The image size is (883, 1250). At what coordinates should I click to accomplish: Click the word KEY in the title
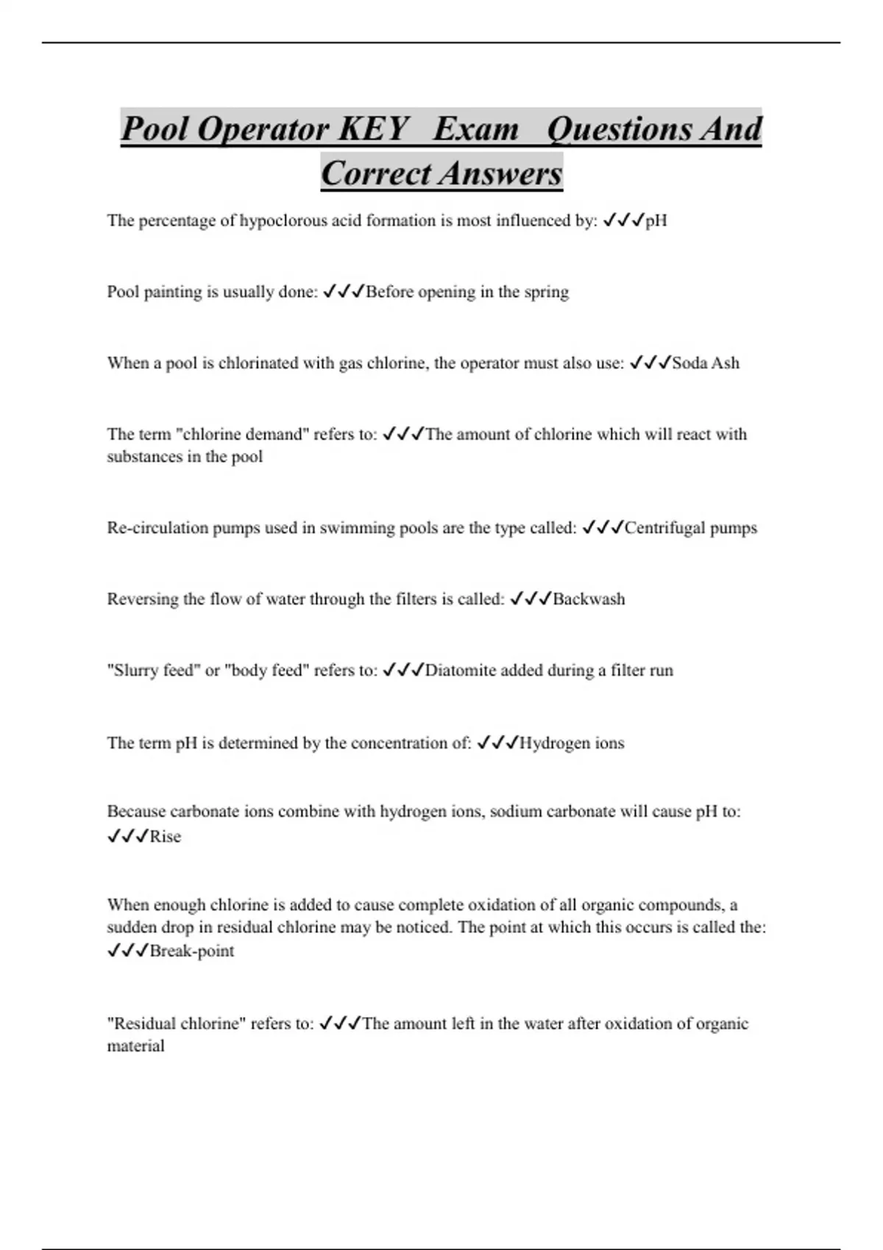[373, 129]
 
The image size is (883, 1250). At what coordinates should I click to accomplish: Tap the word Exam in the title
[476, 129]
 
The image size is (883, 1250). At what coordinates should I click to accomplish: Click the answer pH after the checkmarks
[656, 221]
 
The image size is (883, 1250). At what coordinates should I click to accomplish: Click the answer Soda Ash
[706, 363]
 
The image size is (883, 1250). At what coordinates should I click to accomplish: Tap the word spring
[547, 292]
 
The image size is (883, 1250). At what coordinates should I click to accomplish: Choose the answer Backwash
[589, 599]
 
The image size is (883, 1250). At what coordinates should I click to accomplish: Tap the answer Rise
[166, 837]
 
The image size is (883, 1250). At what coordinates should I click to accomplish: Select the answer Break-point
[192, 951]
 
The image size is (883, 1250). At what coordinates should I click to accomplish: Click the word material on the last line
[136, 1046]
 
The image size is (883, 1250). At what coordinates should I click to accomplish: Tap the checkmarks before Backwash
[530, 599]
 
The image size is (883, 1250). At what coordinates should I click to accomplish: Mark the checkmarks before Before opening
[344, 292]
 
